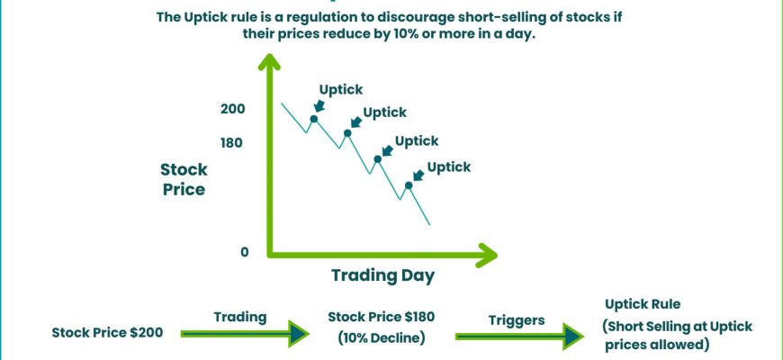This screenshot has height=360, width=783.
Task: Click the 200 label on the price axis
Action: click(233, 108)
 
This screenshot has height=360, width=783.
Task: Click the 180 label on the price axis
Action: click(231, 143)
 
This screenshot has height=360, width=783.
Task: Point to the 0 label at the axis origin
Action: click(244, 252)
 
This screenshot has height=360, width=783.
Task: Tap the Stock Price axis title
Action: click(184, 179)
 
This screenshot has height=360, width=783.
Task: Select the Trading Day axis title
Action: click(383, 275)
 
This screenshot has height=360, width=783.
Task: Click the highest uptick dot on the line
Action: click(314, 119)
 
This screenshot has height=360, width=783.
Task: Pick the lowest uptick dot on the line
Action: click(409, 185)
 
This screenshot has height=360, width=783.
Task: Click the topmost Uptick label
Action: click(341, 90)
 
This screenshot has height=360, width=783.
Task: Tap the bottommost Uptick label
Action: click(449, 166)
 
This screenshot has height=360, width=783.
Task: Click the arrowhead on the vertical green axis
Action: click(269, 61)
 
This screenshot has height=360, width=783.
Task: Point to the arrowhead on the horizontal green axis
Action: click(488, 255)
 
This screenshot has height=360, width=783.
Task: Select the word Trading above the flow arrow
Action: click(240, 317)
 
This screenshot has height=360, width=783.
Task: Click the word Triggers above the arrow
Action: click(517, 320)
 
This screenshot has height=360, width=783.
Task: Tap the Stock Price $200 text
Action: click(107, 332)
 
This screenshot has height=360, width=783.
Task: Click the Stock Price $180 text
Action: click(381, 317)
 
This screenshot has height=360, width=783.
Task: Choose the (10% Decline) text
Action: click(382, 338)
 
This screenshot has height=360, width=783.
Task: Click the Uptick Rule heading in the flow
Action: click(643, 304)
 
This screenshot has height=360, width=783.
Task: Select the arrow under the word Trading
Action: click(245, 334)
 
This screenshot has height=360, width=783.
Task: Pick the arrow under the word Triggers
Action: click(519, 337)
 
